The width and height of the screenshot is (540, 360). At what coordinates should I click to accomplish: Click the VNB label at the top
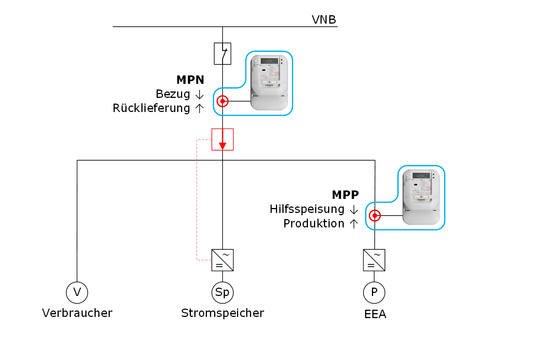pyautogui.click(x=324, y=20)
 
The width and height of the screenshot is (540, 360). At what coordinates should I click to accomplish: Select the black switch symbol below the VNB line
pyautogui.click(x=223, y=54)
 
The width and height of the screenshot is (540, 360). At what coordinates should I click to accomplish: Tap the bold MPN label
pyautogui.click(x=191, y=80)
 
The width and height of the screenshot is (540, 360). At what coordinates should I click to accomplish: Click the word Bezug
pyautogui.click(x=173, y=94)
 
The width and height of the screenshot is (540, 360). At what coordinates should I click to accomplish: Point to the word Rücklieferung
pyautogui.click(x=151, y=108)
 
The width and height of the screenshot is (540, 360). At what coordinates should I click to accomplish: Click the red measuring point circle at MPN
pyautogui.click(x=223, y=101)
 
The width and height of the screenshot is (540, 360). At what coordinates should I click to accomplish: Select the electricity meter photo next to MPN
pyautogui.click(x=269, y=83)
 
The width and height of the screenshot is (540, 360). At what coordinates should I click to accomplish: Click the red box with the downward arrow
pyautogui.click(x=223, y=139)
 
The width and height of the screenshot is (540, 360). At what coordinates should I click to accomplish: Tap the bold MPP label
pyautogui.click(x=345, y=195)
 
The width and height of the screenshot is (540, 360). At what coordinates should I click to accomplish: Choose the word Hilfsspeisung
pyautogui.click(x=307, y=209)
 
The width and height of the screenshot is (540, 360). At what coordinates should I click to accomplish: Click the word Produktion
pyautogui.click(x=314, y=224)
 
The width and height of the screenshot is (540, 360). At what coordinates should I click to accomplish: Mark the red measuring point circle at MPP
pyautogui.click(x=375, y=216)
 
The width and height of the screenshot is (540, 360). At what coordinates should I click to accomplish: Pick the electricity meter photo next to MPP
pyautogui.click(x=421, y=197)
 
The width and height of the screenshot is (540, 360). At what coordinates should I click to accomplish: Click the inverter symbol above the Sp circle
pyautogui.click(x=223, y=260)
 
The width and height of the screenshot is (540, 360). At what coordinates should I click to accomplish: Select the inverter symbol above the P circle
pyautogui.click(x=374, y=260)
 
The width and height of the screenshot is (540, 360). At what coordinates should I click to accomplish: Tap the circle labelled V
pyautogui.click(x=77, y=293)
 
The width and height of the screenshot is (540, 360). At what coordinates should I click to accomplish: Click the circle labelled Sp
pyautogui.click(x=223, y=293)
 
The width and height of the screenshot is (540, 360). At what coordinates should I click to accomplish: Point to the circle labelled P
pyautogui.click(x=374, y=293)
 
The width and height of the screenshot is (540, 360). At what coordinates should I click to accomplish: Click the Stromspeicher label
pyautogui.click(x=223, y=313)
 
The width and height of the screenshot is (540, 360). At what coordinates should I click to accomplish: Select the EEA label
pyautogui.click(x=375, y=314)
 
